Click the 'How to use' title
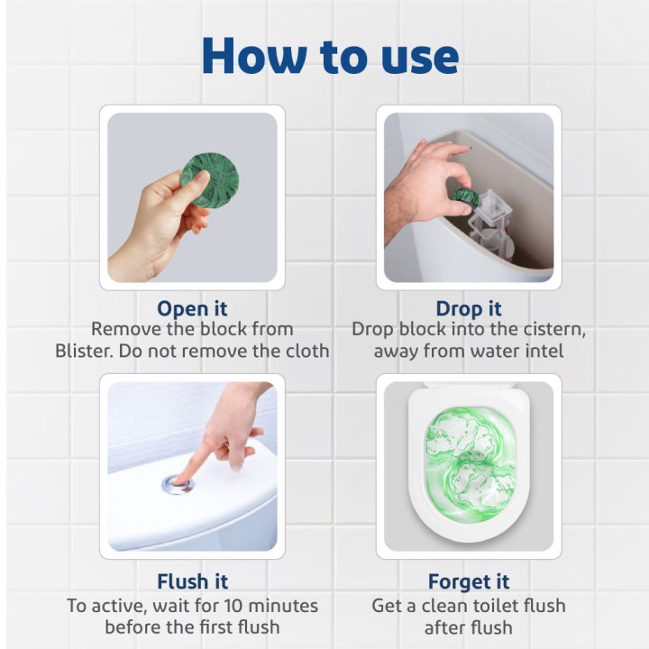pos(330,56)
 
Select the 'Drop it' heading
pos(468,309)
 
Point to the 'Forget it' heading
pos(468,581)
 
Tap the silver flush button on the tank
pos(178,485)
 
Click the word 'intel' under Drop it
pos(540,351)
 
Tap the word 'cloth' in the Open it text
pos(302,351)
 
